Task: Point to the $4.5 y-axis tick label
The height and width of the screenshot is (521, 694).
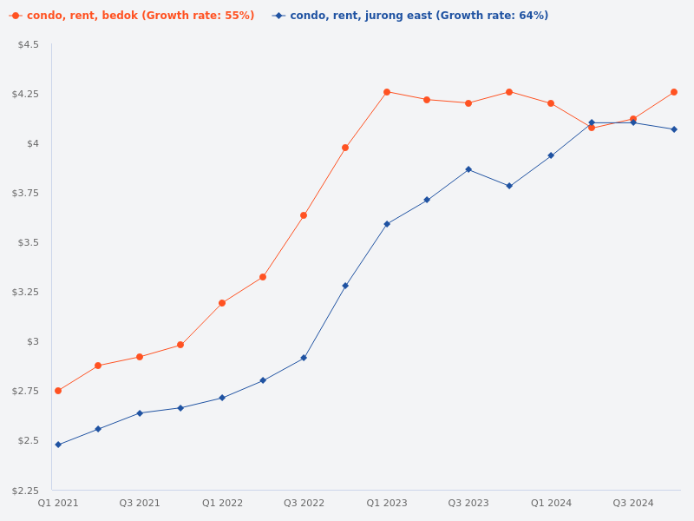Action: point(29,44)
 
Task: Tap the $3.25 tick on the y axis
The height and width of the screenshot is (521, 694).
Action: point(26,292)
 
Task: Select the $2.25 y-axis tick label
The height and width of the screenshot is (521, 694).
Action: point(26,491)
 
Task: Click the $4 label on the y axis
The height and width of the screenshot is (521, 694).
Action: point(33,143)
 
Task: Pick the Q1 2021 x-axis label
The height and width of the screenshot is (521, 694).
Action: point(58,503)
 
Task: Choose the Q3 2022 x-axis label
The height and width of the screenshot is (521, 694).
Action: point(304,503)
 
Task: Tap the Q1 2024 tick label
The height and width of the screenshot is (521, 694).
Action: point(551,503)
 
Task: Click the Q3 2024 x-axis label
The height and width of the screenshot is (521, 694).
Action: point(633,503)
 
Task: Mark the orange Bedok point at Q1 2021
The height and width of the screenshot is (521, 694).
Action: point(58,391)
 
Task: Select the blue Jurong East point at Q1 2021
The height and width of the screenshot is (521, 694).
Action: point(58,445)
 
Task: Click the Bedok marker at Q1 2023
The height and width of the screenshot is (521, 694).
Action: point(387,92)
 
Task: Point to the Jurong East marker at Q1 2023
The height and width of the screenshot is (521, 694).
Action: point(387,224)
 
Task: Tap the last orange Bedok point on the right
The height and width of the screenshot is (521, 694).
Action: point(674,92)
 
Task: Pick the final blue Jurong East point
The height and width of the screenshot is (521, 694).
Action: point(674,129)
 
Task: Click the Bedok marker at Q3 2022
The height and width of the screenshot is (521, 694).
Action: point(304,215)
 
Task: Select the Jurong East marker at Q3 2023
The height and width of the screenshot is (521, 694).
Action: point(468,169)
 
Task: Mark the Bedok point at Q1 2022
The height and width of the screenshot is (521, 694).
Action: point(222,303)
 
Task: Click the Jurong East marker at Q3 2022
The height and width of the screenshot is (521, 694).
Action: point(304,358)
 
